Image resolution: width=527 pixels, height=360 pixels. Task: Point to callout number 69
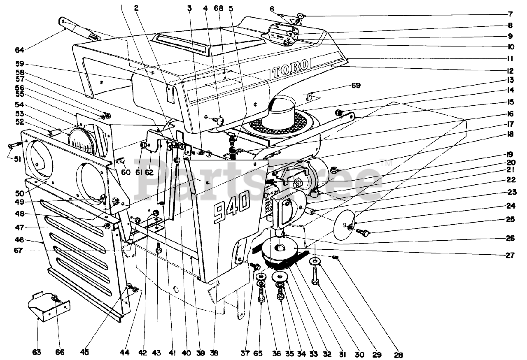pyautogui.click(x=356, y=86)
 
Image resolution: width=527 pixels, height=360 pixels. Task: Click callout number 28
pyautogui.click(x=398, y=355)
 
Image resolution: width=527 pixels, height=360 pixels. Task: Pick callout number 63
pyautogui.click(x=38, y=353)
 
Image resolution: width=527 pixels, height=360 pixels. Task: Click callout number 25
pyautogui.click(x=511, y=220)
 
